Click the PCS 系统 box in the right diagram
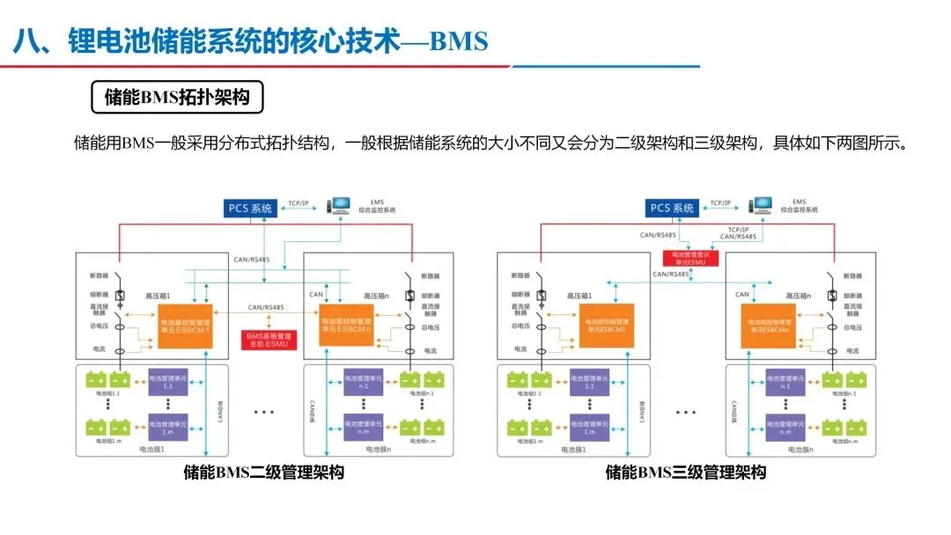(673, 209)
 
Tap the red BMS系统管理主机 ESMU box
(270, 340)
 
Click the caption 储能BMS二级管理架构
(263, 473)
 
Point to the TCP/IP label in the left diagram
(299, 203)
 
